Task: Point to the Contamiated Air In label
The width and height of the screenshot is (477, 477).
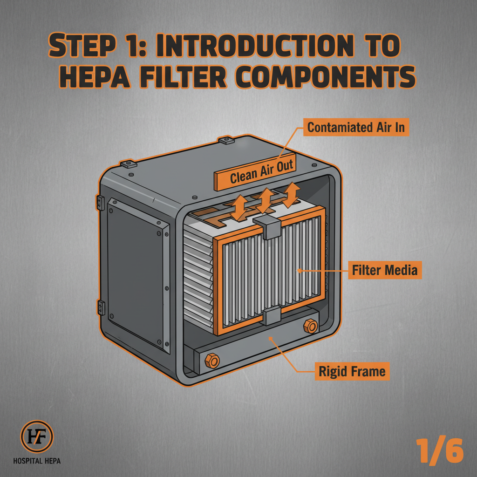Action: [356, 127]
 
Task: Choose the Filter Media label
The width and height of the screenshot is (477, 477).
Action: [385, 270]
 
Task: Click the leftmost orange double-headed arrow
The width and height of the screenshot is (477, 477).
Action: [240, 207]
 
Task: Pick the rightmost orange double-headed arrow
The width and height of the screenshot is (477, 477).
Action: [292, 195]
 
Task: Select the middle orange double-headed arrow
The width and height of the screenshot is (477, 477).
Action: [265, 201]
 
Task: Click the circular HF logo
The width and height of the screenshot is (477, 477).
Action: [37, 437]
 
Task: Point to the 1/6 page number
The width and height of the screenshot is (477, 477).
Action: [440, 450]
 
